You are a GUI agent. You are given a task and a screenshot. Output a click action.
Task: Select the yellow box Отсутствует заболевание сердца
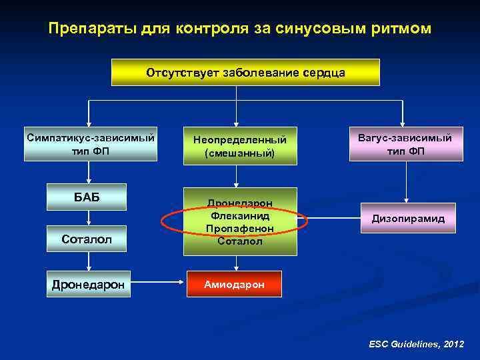pos(245,72)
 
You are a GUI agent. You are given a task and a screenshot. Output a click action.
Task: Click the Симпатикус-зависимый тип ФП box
pos(91,144)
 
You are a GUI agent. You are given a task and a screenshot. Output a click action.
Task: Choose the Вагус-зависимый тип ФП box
pos(405,144)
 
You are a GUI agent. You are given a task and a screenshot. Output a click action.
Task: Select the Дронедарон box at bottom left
pos(88,284)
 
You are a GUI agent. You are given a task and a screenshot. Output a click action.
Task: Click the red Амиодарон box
pos(234,284)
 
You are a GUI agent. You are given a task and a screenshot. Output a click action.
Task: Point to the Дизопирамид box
pos(409,218)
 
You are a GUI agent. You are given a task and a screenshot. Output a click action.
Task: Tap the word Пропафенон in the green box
pos(240,228)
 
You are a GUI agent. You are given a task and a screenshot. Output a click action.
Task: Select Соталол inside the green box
pos(240,241)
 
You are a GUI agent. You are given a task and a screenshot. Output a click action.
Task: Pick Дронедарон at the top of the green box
pos(240,203)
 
